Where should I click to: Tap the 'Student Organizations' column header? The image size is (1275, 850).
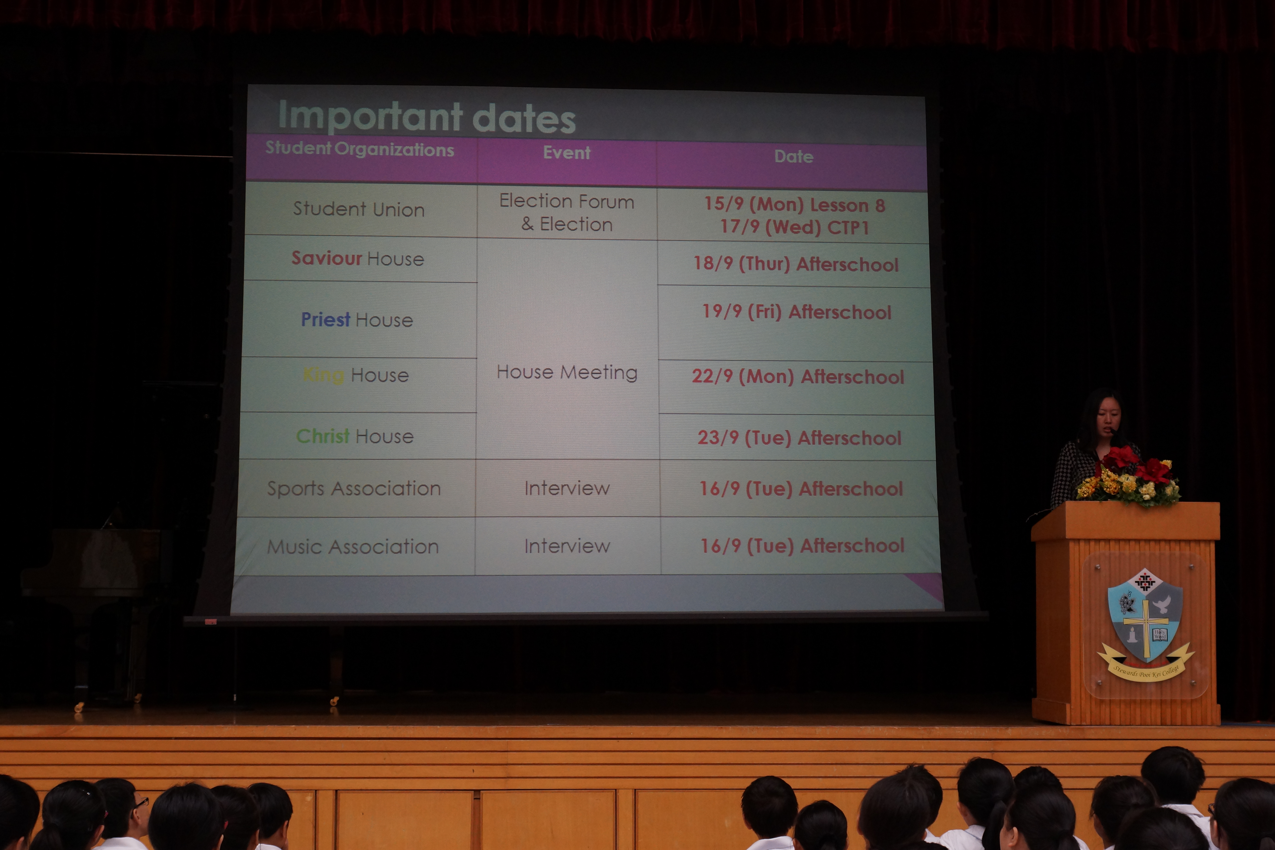[x=359, y=149]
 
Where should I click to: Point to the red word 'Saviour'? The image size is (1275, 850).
[x=327, y=258]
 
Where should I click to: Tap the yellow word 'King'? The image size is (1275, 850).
[x=324, y=375]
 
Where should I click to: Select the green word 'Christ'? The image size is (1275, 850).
[x=323, y=436]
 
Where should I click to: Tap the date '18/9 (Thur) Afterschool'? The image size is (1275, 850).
[x=796, y=264]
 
